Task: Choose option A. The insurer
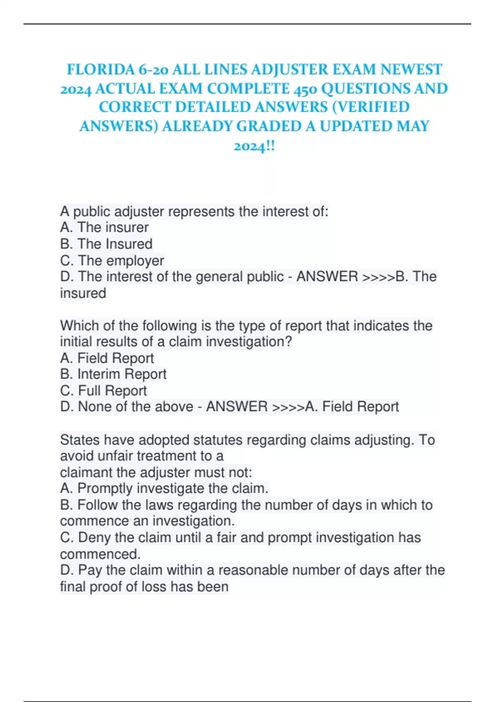pos(104,228)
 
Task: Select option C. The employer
pos(112,261)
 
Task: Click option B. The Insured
pos(106,244)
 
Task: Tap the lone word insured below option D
pos(83,293)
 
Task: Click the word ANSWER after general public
pos(327,277)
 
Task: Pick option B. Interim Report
pos(113,374)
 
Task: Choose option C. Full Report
pos(103,391)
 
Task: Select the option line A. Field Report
pos(107,358)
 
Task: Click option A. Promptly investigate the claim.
pos(164,489)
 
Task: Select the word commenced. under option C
pos(100,554)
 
